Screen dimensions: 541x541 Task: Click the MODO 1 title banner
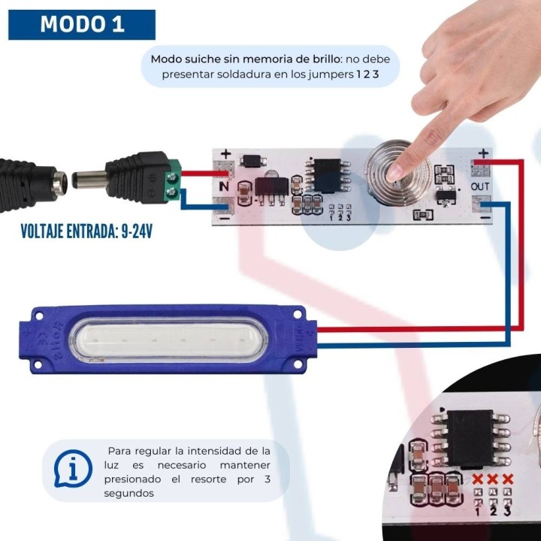pyautogui.click(x=82, y=24)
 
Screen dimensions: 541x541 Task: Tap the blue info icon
pyautogui.click(x=73, y=470)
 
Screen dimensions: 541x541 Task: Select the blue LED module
pyautogui.click(x=169, y=338)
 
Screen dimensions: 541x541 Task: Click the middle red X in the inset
pyautogui.click(x=492, y=479)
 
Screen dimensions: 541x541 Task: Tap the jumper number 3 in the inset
pyautogui.click(x=508, y=512)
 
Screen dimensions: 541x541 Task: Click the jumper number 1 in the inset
pyautogui.click(x=477, y=512)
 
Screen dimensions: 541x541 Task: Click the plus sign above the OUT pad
pyautogui.click(x=482, y=153)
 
